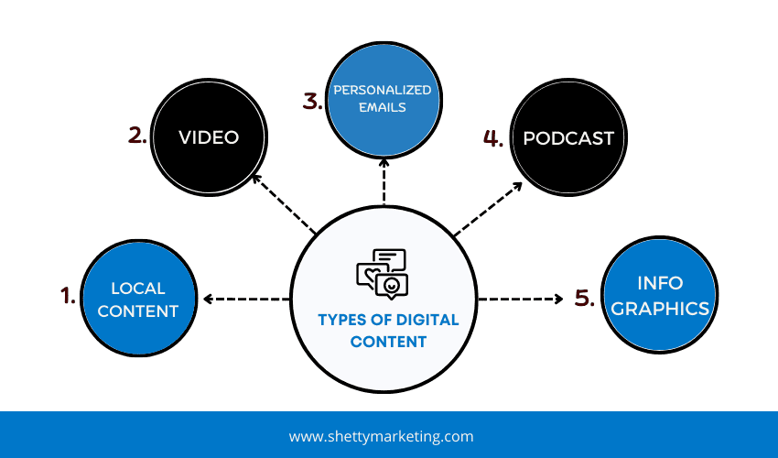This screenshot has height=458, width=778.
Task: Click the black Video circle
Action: click(209, 137)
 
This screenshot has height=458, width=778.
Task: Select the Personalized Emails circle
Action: click(384, 99)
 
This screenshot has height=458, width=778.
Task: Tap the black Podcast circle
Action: click(567, 139)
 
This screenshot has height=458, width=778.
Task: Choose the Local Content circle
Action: click(138, 299)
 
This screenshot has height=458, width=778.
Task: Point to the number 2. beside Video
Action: click(138, 136)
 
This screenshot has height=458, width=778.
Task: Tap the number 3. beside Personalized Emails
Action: click(313, 101)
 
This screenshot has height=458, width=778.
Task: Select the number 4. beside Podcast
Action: click(493, 138)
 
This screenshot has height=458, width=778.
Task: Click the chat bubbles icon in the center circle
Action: click(382, 272)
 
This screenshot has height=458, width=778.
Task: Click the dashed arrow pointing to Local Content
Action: click(245, 299)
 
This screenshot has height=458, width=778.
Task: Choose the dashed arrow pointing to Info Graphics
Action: click(520, 299)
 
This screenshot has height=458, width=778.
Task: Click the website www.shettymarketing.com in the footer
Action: click(381, 437)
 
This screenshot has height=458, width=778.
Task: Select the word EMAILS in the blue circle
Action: click(384, 107)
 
